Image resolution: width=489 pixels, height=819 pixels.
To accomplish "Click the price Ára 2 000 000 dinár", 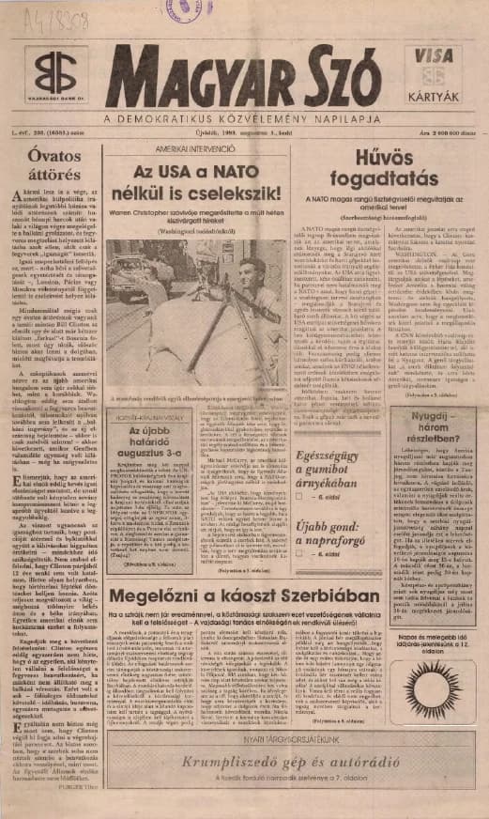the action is point(439,135).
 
